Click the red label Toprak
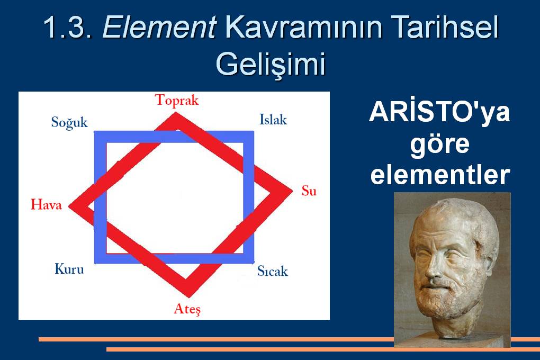point(177,101)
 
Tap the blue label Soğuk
point(69,123)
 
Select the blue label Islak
point(273,120)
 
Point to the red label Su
point(309,191)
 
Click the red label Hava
point(46,205)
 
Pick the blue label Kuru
point(69,269)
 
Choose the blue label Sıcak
point(273,271)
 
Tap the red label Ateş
point(187,309)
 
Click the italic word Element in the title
point(159,27)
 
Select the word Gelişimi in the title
point(271,64)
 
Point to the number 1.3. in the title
point(68,27)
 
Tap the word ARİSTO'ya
point(439,113)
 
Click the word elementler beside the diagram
point(440,175)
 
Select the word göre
point(440,145)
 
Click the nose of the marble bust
point(433,269)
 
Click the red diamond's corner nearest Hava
point(69,206)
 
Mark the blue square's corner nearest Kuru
point(95,263)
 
